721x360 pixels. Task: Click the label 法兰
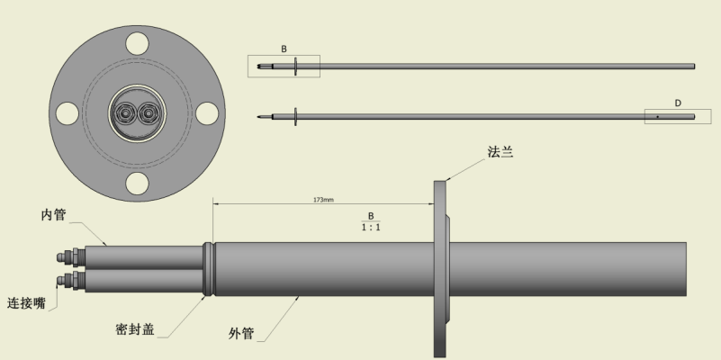click(x=500, y=153)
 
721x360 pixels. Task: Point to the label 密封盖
click(x=135, y=329)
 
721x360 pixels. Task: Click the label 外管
click(x=241, y=334)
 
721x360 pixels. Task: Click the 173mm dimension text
click(x=323, y=200)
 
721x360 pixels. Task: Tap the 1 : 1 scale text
click(x=369, y=228)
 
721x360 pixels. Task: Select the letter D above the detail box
click(x=678, y=103)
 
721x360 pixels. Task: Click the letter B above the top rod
click(x=284, y=48)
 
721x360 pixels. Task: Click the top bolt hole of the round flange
click(x=137, y=41)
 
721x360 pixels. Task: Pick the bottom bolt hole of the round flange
click(x=137, y=184)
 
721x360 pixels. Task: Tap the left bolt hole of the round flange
click(x=67, y=112)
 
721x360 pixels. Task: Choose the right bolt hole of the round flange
click(x=207, y=112)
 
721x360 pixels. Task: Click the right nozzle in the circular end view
click(x=148, y=112)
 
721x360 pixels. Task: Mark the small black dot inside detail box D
click(x=657, y=117)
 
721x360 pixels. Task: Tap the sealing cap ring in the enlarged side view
click(x=209, y=269)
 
